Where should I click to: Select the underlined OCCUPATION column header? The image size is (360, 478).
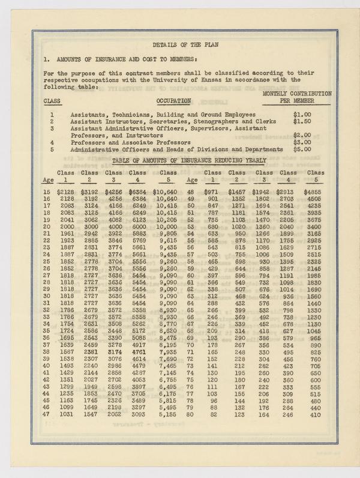pos(173,100)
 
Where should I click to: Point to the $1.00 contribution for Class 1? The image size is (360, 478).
pos(302,114)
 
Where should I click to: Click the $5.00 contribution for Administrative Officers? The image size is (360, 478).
pos(302,150)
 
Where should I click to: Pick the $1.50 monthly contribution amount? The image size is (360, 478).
pos(302,121)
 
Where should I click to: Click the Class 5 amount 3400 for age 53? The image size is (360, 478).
pos(314,228)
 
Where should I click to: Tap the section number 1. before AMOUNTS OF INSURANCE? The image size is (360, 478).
pos(46,60)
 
